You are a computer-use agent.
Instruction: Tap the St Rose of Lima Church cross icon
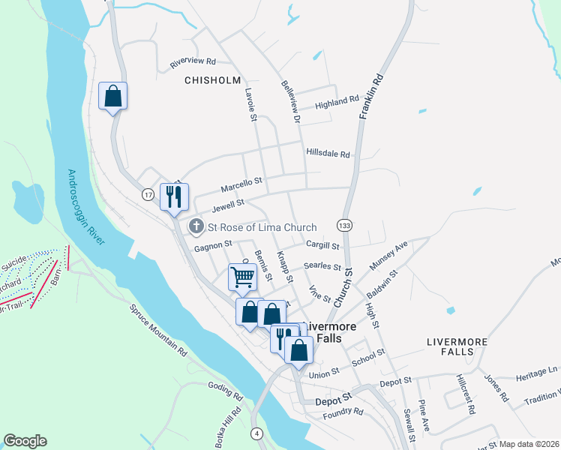coord(196,226)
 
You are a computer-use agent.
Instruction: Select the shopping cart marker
coord(242,277)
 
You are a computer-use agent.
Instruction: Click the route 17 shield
coord(148,194)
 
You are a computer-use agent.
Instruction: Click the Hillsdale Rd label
coord(328,154)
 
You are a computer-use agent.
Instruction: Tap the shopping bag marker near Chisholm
coord(113,96)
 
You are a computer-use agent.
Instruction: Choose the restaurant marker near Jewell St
coord(175,197)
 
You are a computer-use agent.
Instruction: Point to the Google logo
coord(25,441)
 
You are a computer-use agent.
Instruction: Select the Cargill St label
coord(323,245)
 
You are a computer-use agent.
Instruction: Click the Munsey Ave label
coord(388,256)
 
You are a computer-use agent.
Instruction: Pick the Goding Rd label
coord(226,391)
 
